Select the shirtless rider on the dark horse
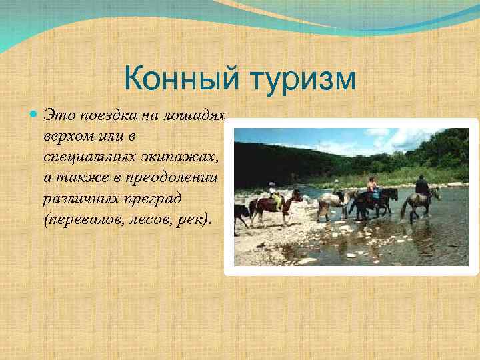point(372,185)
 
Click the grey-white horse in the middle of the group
point(331,201)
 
